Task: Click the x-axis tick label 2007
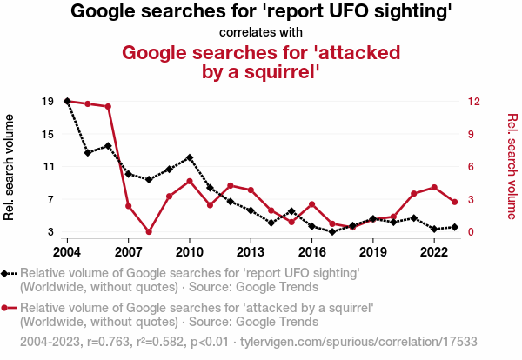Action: click(x=128, y=251)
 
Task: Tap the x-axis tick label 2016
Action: click(x=311, y=251)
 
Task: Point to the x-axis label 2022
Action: click(x=434, y=251)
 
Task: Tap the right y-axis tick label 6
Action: click(x=470, y=167)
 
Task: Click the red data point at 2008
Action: click(x=149, y=232)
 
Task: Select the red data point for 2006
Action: click(x=108, y=107)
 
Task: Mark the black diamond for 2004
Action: click(x=67, y=102)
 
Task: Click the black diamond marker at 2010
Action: click(x=190, y=157)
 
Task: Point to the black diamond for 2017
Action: click(x=332, y=232)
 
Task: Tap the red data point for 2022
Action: click(x=434, y=188)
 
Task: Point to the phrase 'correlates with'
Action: click(x=261, y=32)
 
